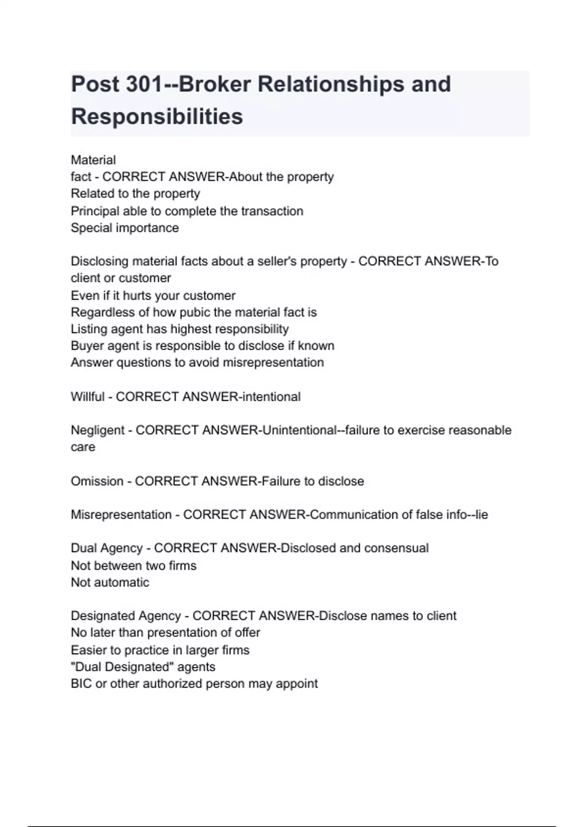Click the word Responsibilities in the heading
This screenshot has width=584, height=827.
[x=157, y=117]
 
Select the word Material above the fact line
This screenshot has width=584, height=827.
[x=93, y=160]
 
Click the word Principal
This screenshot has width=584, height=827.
[x=95, y=211]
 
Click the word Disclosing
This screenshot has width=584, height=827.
[x=99, y=261]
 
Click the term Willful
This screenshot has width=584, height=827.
[x=88, y=397]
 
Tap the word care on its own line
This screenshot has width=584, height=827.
[x=83, y=447]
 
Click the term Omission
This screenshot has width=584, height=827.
[x=97, y=481]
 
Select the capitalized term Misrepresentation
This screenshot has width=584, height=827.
[x=121, y=515]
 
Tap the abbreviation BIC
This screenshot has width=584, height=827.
[x=81, y=683]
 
